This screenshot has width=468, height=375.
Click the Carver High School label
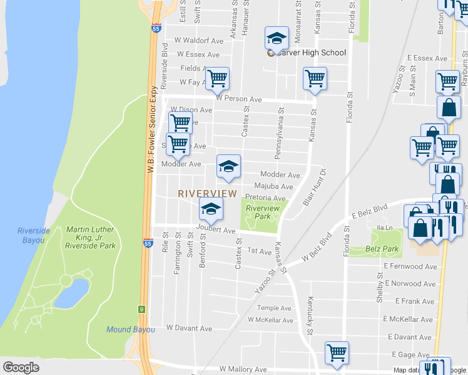click(311, 52)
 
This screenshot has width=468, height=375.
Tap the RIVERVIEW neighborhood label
click(207, 194)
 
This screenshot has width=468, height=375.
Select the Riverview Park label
click(262, 212)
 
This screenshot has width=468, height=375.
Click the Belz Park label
click(382, 249)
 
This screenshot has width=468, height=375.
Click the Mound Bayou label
click(130, 329)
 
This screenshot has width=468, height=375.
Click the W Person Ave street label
click(238, 99)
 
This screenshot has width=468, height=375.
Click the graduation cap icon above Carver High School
click(277, 39)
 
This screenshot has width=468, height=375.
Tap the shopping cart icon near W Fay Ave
click(217, 79)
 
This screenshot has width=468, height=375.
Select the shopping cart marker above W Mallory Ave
click(337, 353)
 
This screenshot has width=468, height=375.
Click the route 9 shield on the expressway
click(143, 309)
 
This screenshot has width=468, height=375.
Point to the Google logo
click(21, 367)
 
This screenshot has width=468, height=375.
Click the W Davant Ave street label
click(189, 327)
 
